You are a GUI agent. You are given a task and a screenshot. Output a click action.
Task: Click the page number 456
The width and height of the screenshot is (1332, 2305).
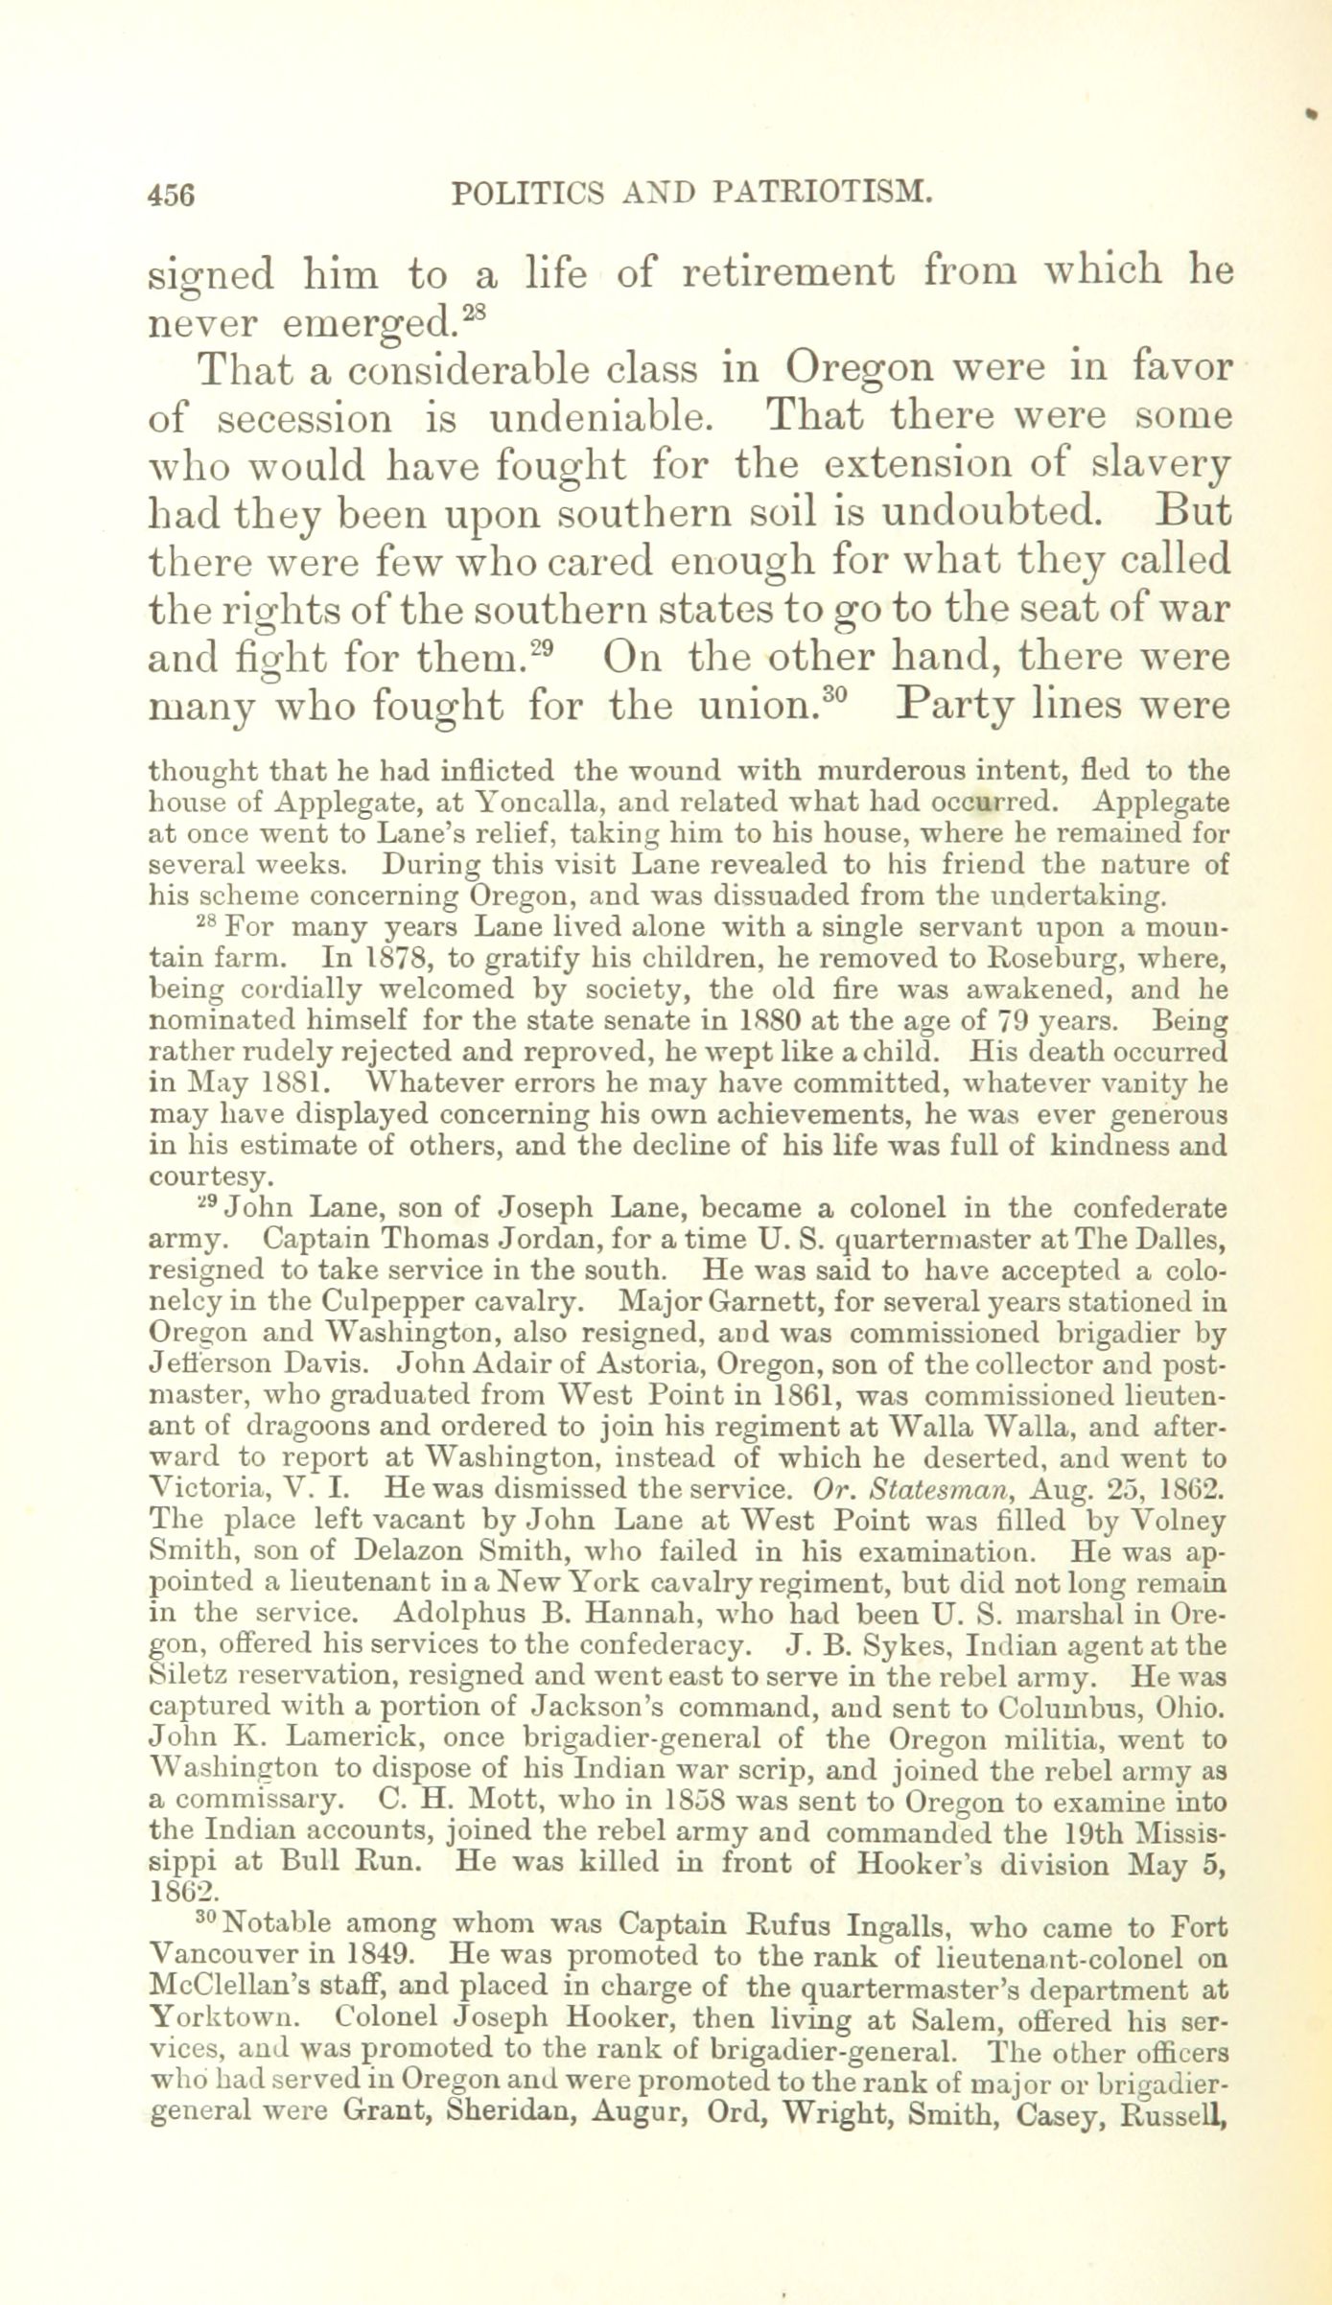[172, 195]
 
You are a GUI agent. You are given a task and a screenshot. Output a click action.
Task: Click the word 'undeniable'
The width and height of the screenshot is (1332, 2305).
[612, 419]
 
